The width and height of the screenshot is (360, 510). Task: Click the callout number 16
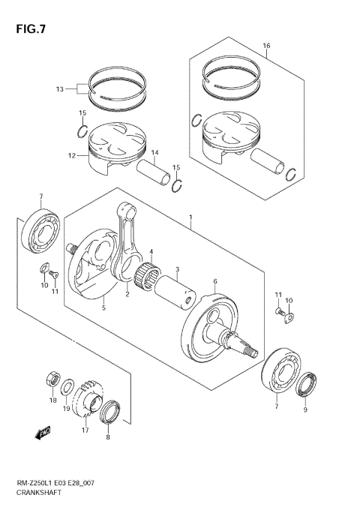click(266, 46)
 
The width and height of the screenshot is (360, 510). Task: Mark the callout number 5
click(103, 306)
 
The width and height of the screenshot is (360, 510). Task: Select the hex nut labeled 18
click(52, 377)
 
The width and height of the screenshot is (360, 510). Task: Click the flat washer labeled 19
click(67, 388)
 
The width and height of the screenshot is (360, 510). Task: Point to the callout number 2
click(127, 294)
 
